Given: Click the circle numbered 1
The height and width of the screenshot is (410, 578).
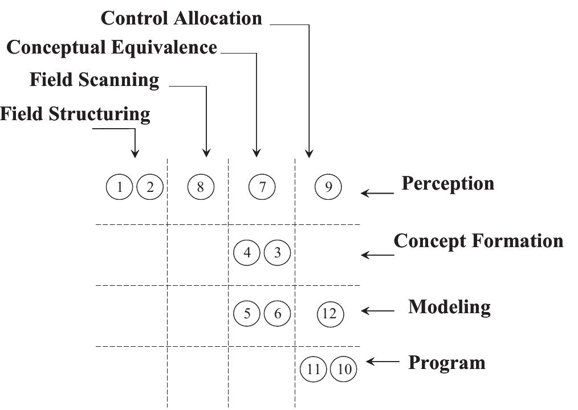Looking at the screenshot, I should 120,187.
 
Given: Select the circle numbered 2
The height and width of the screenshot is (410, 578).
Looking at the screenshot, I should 150,187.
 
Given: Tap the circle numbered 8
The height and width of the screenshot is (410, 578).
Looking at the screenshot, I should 200,187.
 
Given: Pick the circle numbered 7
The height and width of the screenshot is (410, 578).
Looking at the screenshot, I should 262,187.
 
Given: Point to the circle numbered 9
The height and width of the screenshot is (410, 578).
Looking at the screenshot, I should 328,187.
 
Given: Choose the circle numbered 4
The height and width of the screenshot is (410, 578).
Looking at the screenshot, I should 247,252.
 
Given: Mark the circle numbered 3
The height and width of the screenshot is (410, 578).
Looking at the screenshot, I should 278,252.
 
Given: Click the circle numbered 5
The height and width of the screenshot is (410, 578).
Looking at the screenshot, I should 247,313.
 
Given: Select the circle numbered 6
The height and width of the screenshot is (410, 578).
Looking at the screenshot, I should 278,313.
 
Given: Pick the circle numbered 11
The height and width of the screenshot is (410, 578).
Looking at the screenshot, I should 313,369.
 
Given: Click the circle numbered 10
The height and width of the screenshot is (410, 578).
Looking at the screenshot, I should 344,369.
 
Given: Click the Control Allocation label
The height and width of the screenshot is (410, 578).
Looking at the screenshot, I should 181,18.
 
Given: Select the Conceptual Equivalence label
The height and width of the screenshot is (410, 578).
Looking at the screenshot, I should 112,47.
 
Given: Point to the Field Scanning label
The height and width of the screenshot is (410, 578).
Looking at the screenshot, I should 95,80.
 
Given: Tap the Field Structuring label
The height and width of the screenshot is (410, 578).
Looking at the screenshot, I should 75,114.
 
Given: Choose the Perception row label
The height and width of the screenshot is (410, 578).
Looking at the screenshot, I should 447,183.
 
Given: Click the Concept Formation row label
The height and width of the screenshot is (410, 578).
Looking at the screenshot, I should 478,241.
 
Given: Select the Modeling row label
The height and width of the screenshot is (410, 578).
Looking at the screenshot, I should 449,307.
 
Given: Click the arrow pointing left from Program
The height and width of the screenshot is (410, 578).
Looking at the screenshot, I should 382,362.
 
